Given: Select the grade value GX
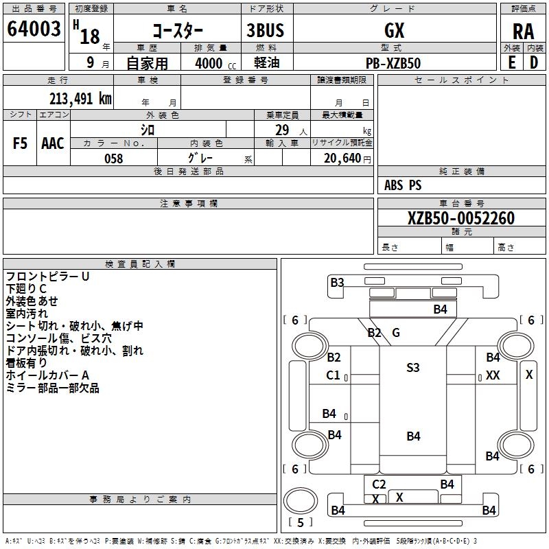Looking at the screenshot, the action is tap(395, 30).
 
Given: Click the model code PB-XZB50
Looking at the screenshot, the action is tap(394, 63).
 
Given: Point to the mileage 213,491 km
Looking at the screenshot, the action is tap(80, 98).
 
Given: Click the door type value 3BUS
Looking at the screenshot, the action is tap(265, 30).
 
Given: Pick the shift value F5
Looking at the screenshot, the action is tap(21, 143).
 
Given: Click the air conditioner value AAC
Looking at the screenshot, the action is tap(52, 143).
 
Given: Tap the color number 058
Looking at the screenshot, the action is tap(113, 159).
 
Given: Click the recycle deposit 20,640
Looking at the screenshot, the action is tap(342, 159).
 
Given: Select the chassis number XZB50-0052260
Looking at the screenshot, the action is tap(460, 218).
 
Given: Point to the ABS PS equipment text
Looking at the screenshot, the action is tap(403, 185).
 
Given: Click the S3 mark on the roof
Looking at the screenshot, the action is tap(412, 368).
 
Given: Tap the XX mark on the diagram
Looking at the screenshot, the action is tap(493, 375).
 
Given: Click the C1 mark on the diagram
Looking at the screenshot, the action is tap(334, 375).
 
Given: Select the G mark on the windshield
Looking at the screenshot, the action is tap(396, 333).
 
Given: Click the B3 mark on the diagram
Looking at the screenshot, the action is tap(337, 282).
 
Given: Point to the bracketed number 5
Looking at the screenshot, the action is tap(300, 522).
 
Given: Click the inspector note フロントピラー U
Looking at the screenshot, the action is tap(47, 276).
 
